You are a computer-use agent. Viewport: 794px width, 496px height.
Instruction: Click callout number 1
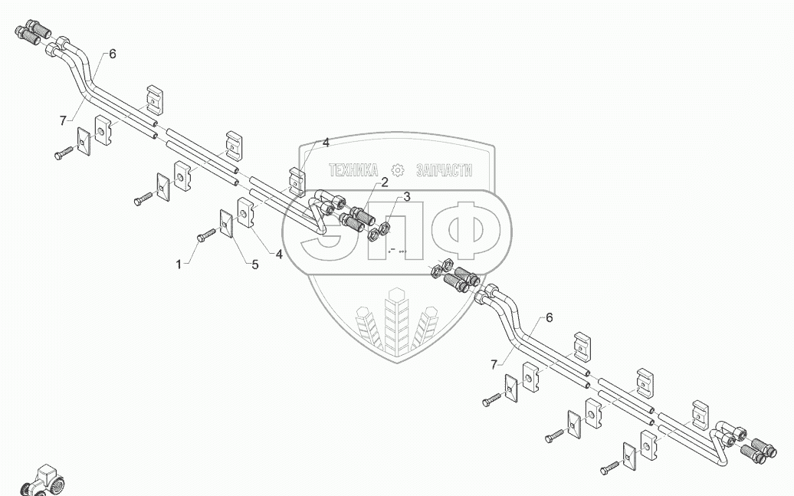[179, 264]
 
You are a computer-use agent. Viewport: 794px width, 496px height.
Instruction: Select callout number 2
[384, 182]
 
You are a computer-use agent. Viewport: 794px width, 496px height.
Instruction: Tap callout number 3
[406, 197]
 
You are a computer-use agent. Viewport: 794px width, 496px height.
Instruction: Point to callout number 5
[254, 264]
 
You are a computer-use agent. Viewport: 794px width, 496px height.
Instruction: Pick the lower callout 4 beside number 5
[279, 255]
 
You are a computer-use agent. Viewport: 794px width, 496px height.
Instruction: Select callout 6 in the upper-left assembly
[112, 54]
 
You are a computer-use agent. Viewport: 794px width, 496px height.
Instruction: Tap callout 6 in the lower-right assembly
[548, 317]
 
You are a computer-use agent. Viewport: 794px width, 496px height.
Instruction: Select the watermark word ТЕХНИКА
[353, 170]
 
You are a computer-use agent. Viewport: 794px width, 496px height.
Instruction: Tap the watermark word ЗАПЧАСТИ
[444, 170]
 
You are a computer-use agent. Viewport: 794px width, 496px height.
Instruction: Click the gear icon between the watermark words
[398, 170]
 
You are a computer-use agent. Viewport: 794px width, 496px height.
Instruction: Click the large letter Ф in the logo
[468, 228]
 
